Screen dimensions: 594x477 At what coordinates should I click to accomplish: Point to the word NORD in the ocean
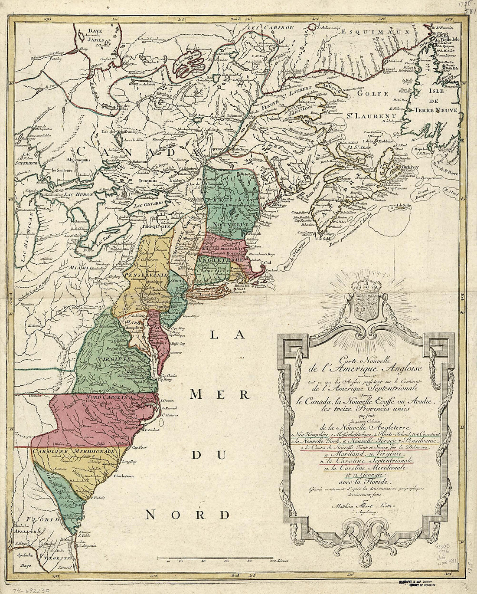(x=187, y=515)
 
